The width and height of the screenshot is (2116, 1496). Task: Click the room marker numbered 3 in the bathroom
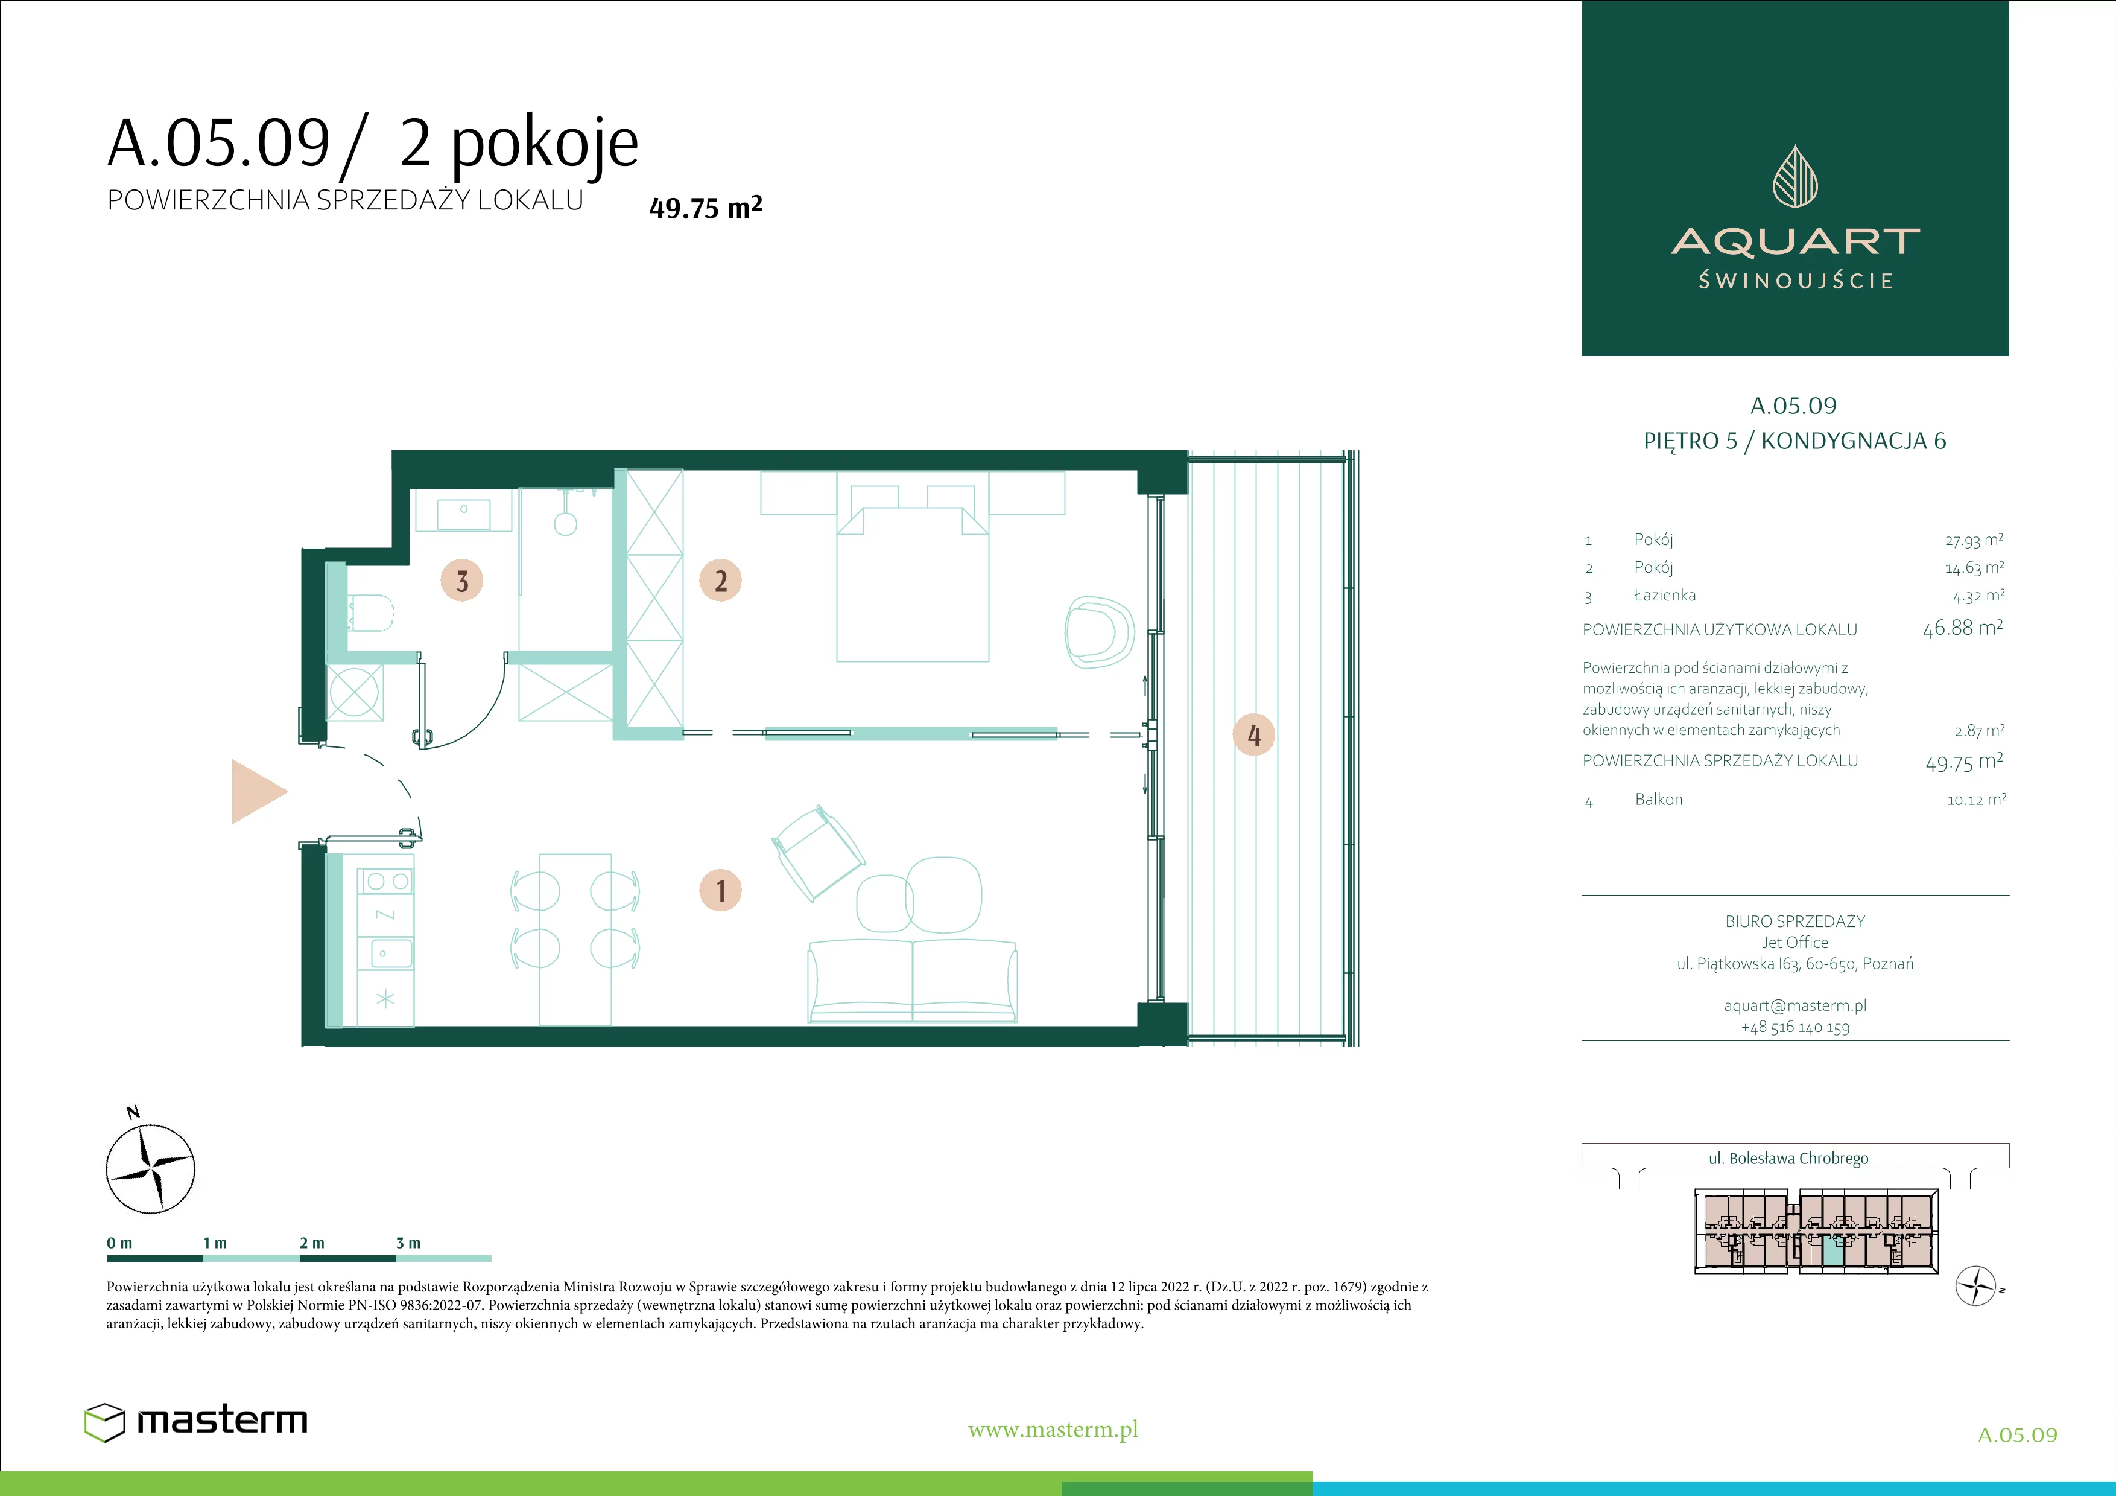coord(461,581)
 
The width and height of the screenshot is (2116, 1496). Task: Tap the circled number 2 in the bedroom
coord(721,581)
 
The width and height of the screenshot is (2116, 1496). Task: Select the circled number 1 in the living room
coord(721,890)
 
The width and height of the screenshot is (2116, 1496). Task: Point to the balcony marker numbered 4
coord(1254,734)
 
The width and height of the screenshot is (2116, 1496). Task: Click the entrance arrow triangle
coord(259,791)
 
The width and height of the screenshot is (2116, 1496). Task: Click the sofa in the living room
coord(913,981)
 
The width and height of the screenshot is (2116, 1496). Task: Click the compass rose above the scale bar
coord(150,1167)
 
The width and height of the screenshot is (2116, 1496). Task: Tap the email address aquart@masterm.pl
coord(1795,1005)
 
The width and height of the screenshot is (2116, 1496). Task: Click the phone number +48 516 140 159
coord(1795,1027)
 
